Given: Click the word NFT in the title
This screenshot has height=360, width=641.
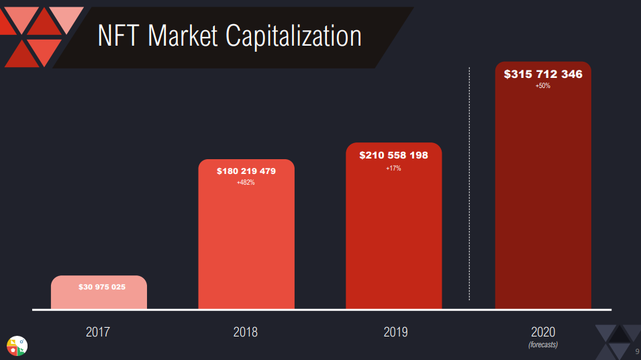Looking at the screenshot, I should tap(119, 36).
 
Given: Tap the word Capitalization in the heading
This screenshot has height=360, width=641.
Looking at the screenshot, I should tap(293, 37).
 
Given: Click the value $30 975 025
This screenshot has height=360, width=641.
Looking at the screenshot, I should tap(102, 287).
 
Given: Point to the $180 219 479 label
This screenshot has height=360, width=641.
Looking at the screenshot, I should tap(246, 171).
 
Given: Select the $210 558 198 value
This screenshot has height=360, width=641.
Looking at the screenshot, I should tap(393, 155).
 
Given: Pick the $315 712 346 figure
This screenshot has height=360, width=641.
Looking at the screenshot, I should tap(543, 74).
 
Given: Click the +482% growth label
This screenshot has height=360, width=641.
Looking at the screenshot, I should tap(246, 183).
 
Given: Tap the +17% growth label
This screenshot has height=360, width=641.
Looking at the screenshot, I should tap(393, 168).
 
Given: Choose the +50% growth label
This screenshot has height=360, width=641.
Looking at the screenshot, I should tap(543, 86).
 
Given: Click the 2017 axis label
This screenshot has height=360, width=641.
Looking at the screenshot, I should tap(98, 332).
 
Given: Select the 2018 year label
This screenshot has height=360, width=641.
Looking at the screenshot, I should tap(246, 332).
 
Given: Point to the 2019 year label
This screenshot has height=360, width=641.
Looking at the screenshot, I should tap(395, 332).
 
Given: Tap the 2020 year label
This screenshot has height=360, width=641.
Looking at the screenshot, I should tap(543, 332).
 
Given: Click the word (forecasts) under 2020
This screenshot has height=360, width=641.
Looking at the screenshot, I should tap(543, 345).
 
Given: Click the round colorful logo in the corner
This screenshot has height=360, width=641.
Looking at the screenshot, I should tap(17, 345).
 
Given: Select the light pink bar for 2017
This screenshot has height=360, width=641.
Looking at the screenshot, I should tap(99, 299).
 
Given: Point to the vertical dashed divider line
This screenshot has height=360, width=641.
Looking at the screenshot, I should tap(469, 201).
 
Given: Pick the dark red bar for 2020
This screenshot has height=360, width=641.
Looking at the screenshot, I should tap(543, 201).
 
